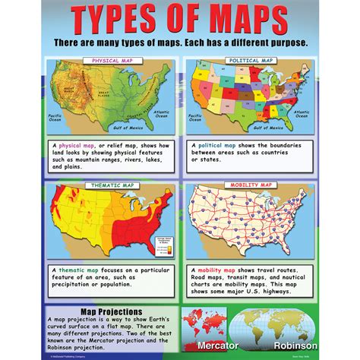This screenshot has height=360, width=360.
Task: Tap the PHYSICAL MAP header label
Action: point(113,59)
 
